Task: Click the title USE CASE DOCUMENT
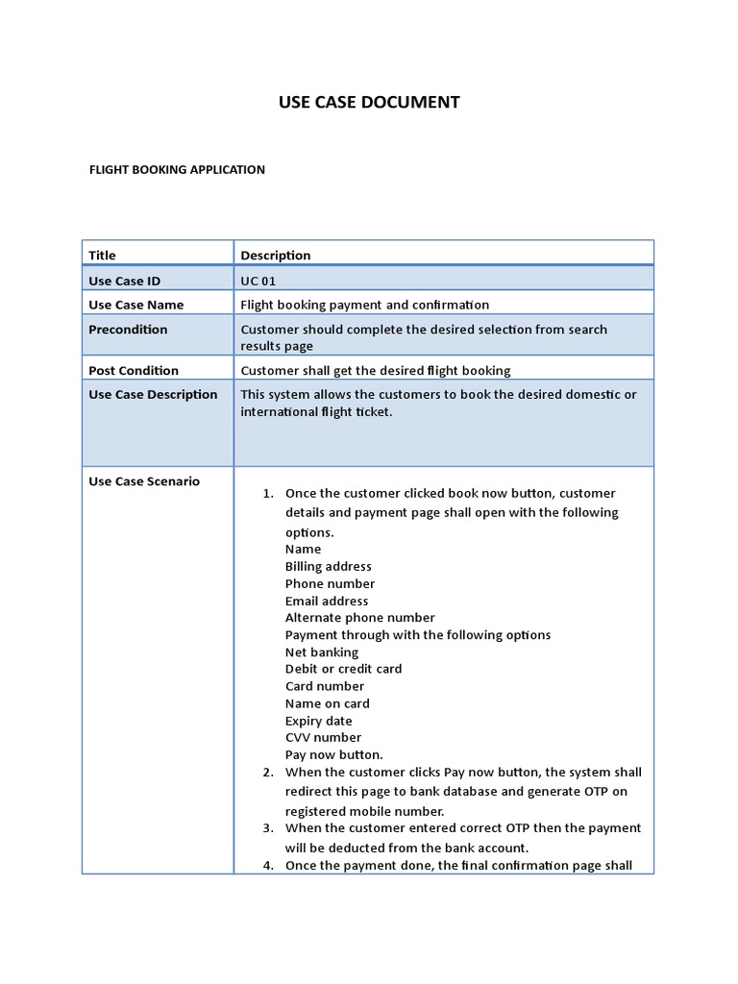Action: (x=369, y=102)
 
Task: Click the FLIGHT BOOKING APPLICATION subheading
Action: (x=177, y=169)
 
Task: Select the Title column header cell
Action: (x=103, y=255)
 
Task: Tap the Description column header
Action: (x=276, y=255)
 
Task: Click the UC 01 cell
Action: (x=258, y=281)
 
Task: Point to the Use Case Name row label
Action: (x=136, y=305)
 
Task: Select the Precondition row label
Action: (x=128, y=329)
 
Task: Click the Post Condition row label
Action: (x=134, y=370)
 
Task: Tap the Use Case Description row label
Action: (x=154, y=394)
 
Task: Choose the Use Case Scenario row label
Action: (x=144, y=481)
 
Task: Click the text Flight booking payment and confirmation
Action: (x=365, y=305)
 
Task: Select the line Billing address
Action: (x=329, y=566)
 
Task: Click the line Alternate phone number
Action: (x=360, y=617)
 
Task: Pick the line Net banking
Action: (x=322, y=652)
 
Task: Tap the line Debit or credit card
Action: (x=344, y=668)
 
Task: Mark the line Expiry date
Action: (x=319, y=721)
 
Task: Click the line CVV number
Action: (x=324, y=737)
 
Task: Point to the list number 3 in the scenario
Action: (x=268, y=827)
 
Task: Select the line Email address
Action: (x=327, y=601)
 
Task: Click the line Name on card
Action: (x=328, y=703)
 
